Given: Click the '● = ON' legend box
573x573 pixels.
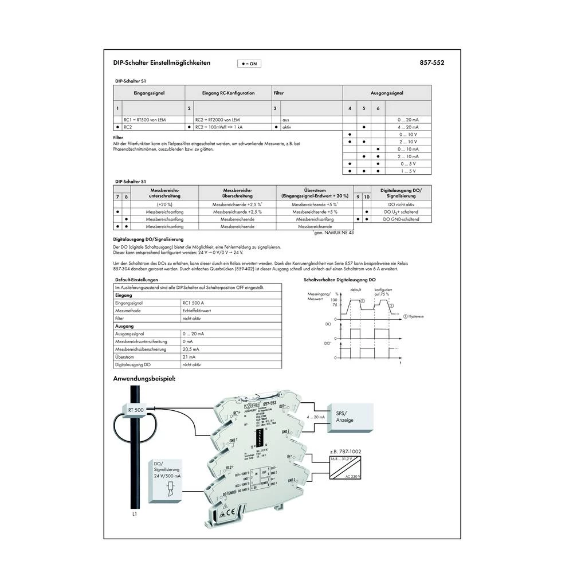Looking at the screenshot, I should click(249, 64).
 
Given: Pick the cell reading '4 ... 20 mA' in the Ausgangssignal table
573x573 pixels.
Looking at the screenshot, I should click(408, 127).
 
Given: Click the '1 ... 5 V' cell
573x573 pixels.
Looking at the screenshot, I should click(408, 171).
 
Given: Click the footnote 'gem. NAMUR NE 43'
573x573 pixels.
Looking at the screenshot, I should click(334, 233).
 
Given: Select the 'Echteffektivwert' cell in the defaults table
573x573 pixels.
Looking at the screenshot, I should click(196, 310).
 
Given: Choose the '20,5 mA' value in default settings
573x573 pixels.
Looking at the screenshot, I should click(191, 348).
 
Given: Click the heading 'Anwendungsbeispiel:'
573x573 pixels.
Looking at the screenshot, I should click(144, 379).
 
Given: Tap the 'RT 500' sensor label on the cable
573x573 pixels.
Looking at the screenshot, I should click(136, 410).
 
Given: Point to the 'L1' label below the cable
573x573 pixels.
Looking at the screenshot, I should click(134, 515).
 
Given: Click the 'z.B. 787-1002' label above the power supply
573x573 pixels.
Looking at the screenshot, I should click(346, 452).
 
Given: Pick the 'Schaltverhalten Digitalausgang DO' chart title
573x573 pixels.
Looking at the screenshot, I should click(339, 280).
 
